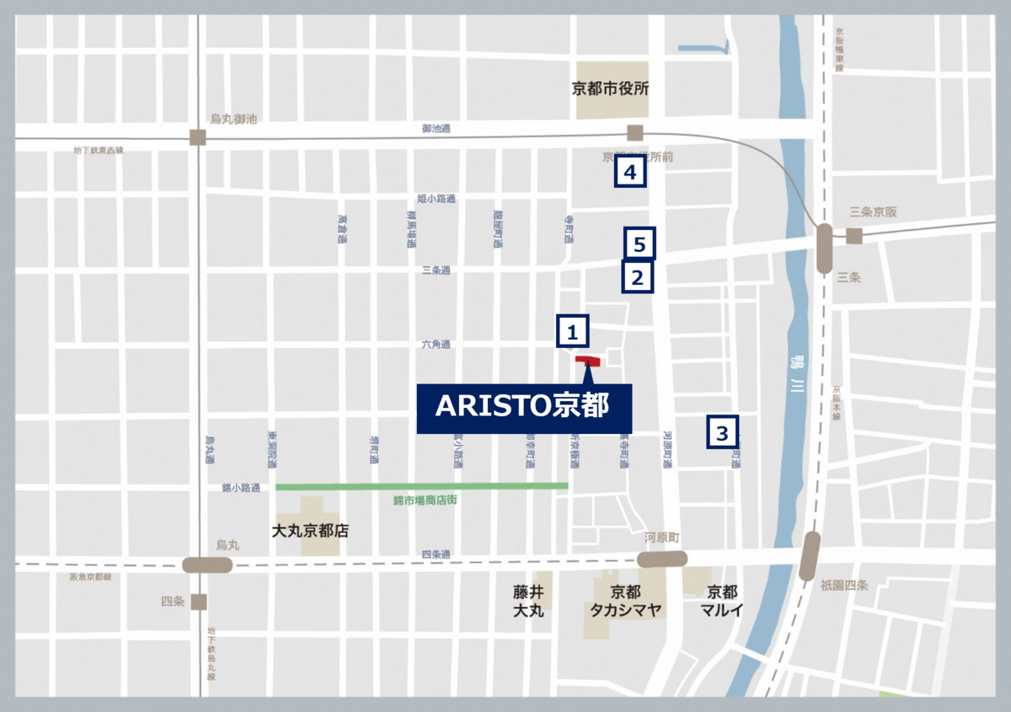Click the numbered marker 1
coord(573,331)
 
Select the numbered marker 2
coord(638,276)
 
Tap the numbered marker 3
coord(722,433)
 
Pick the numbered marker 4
coord(630,173)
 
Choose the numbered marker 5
coord(639,244)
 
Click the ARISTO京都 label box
coord(524,408)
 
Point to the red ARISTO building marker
coord(587,361)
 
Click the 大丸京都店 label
coord(310,532)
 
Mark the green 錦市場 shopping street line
coord(421,485)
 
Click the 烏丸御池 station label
coord(233,121)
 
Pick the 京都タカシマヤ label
coord(625,601)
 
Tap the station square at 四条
coord(199,602)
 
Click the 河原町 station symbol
coord(662,559)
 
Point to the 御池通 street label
coord(436,129)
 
